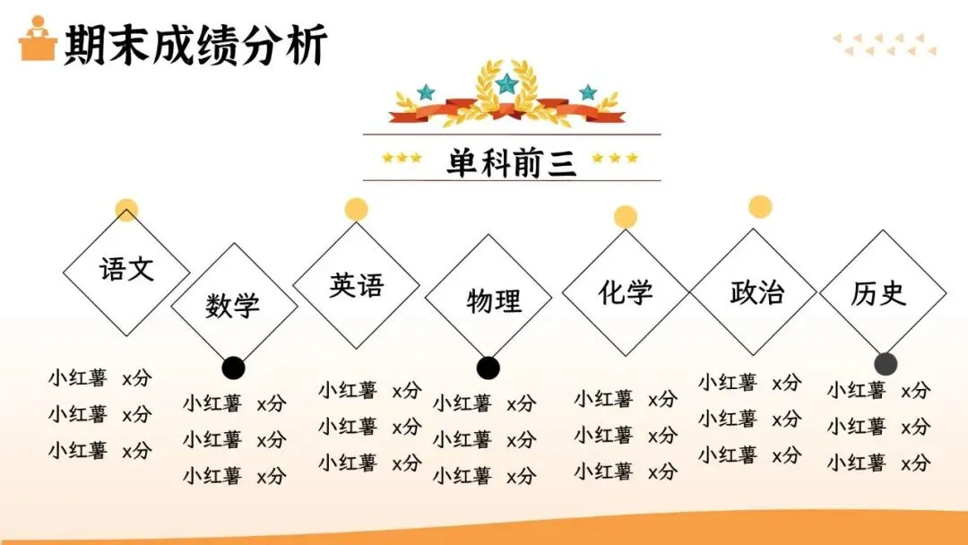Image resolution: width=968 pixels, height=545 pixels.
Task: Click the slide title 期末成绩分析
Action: tap(194, 44)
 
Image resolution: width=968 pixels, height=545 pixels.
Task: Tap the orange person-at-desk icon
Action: tap(38, 39)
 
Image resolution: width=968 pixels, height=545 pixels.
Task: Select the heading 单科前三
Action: tap(512, 162)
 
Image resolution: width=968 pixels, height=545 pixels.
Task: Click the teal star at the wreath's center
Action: tap(507, 84)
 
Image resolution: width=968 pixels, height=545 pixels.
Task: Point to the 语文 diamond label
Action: tap(126, 269)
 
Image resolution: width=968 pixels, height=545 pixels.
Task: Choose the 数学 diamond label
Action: tap(232, 306)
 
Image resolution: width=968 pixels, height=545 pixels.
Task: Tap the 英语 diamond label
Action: tap(356, 285)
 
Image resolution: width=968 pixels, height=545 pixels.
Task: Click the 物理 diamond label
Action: tap(494, 300)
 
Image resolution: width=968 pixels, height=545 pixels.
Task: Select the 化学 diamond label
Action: tap(626, 292)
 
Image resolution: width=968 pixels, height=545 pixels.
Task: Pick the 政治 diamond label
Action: tap(756, 292)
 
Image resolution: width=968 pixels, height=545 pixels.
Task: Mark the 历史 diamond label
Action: tap(878, 293)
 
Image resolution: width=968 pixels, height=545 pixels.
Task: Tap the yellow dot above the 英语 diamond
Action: tap(357, 209)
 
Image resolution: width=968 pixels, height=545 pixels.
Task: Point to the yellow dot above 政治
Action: tap(760, 207)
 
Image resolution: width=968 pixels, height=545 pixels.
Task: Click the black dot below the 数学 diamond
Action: tap(233, 368)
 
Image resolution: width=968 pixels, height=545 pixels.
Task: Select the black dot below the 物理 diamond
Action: tap(488, 368)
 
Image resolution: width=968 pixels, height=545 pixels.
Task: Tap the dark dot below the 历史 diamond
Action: tap(886, 363)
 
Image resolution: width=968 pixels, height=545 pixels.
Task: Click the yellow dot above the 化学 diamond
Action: tap(626, 217)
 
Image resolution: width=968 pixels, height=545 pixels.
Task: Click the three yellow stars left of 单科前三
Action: tap(402, 158)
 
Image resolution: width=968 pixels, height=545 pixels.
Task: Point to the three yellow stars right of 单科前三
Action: tap(615, 158)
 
